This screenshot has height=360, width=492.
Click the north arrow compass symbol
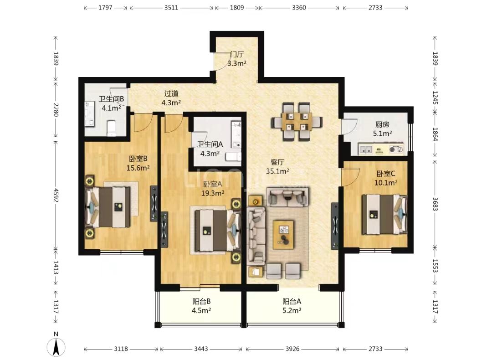coord(56,347)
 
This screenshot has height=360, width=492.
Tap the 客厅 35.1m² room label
coord(277,167)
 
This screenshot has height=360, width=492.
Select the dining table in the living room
coord(297,122)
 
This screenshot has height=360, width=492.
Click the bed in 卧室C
coord(385,214)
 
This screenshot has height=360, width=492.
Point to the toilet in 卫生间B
coord(112,129)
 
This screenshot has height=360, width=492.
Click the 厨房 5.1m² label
coord(382,129)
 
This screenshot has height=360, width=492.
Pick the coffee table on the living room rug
coord(283,234)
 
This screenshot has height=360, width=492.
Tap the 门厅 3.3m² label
coord(236,59)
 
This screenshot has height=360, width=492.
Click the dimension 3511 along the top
coord(171,8)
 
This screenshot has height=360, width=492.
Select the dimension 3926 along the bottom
coord(292,349)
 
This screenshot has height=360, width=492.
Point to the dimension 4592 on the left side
coord(56,195)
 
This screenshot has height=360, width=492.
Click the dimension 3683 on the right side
coord(435,204)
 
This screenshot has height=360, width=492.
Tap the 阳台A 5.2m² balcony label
coord(292,306)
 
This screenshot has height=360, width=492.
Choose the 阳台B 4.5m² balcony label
coord(201,306)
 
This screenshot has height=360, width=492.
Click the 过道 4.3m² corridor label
coord(171,98)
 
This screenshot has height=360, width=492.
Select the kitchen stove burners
coord(396,149)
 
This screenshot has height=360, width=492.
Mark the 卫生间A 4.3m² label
coord(210,149)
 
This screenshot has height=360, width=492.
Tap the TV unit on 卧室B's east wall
coord(154,204)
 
